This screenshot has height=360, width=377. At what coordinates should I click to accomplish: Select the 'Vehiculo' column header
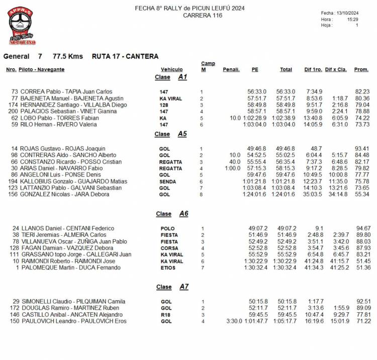171,69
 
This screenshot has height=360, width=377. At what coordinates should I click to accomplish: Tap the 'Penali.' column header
231,69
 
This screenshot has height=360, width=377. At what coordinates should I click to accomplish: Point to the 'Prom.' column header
361,69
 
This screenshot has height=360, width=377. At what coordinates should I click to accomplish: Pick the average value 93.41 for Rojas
362,149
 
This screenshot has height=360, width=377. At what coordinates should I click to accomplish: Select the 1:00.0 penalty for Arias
233,168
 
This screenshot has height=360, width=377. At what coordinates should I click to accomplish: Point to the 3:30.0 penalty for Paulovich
234,321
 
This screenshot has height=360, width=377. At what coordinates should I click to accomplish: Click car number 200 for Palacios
13,111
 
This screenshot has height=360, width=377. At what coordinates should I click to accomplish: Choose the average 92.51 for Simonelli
362,301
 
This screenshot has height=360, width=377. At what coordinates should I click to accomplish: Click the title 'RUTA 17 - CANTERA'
125,56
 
